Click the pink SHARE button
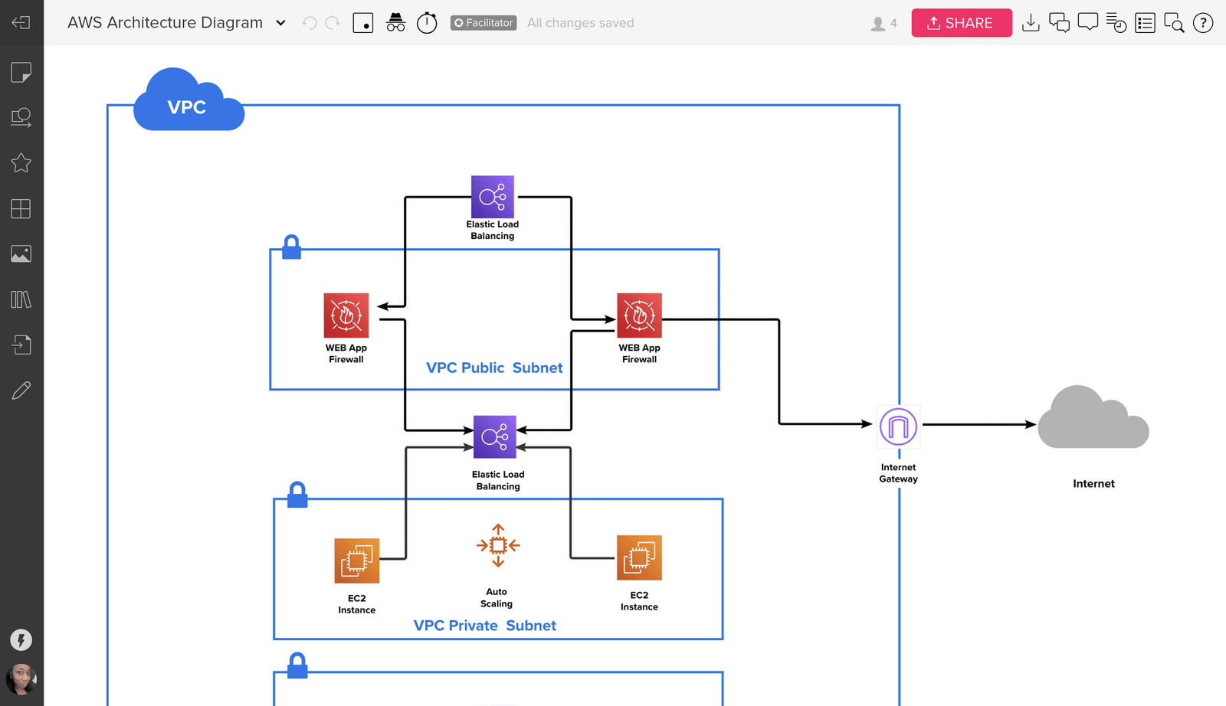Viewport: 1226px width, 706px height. (961, 23)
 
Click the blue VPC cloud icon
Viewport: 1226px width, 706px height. (188, 103)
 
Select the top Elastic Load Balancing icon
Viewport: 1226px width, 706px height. (493, 197)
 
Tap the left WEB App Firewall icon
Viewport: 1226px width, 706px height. (346, 315)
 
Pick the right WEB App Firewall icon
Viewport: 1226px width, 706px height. (639, 315)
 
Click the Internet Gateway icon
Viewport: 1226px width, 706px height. (898, 427)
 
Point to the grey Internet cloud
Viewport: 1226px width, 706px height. (1093, 420)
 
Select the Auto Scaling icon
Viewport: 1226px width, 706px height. (498, 545)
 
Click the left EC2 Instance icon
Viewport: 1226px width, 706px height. (357, 561)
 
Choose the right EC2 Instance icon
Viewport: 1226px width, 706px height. (639, 557)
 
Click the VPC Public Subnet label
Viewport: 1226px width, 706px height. (494, 368)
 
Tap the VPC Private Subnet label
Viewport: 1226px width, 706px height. (484, 626)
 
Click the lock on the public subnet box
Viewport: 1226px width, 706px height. (291, 247)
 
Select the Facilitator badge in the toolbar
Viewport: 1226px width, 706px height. (484, 23)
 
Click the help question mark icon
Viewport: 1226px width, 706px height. (1203, 23)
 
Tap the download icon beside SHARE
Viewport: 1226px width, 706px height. (1031, 23)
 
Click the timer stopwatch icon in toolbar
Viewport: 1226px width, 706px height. (427, 23)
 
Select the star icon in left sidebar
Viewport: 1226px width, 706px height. (21, 163)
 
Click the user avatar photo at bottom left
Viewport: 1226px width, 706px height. (21, 678)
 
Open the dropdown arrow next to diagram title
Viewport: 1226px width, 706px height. (280, 23)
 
